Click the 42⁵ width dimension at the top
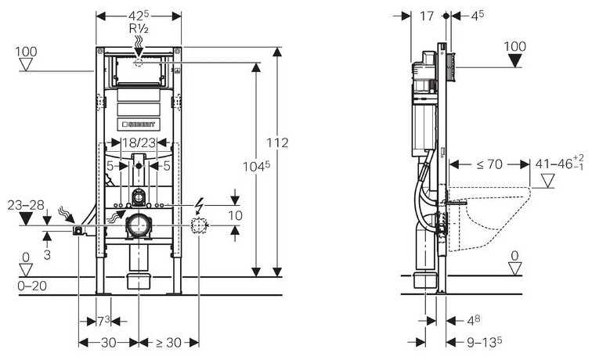pyautogui.click(x=139, y=15)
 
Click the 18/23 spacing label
pyautogui.click(x=139, y=143)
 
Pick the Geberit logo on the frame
pyautogui.click(x=139, y=124)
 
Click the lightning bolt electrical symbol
pyautogui.click(x=200, y=207)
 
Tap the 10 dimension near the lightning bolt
pyautogui.click(x=235, y=215)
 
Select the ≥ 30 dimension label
pyautogui.click(x=169, y=342)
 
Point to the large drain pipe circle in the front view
pyautogui.click(x=139, y=227)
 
